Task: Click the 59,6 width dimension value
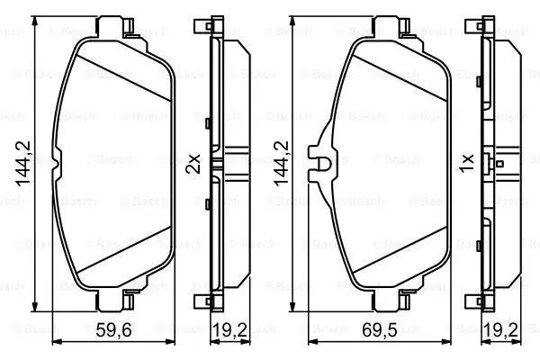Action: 113,330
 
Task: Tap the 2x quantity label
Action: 193,164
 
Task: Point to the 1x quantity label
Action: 467,164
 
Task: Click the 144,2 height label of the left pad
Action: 23,164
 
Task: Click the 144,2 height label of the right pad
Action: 281,164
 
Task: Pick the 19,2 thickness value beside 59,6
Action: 229,330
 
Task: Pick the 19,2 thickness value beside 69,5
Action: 501,330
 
